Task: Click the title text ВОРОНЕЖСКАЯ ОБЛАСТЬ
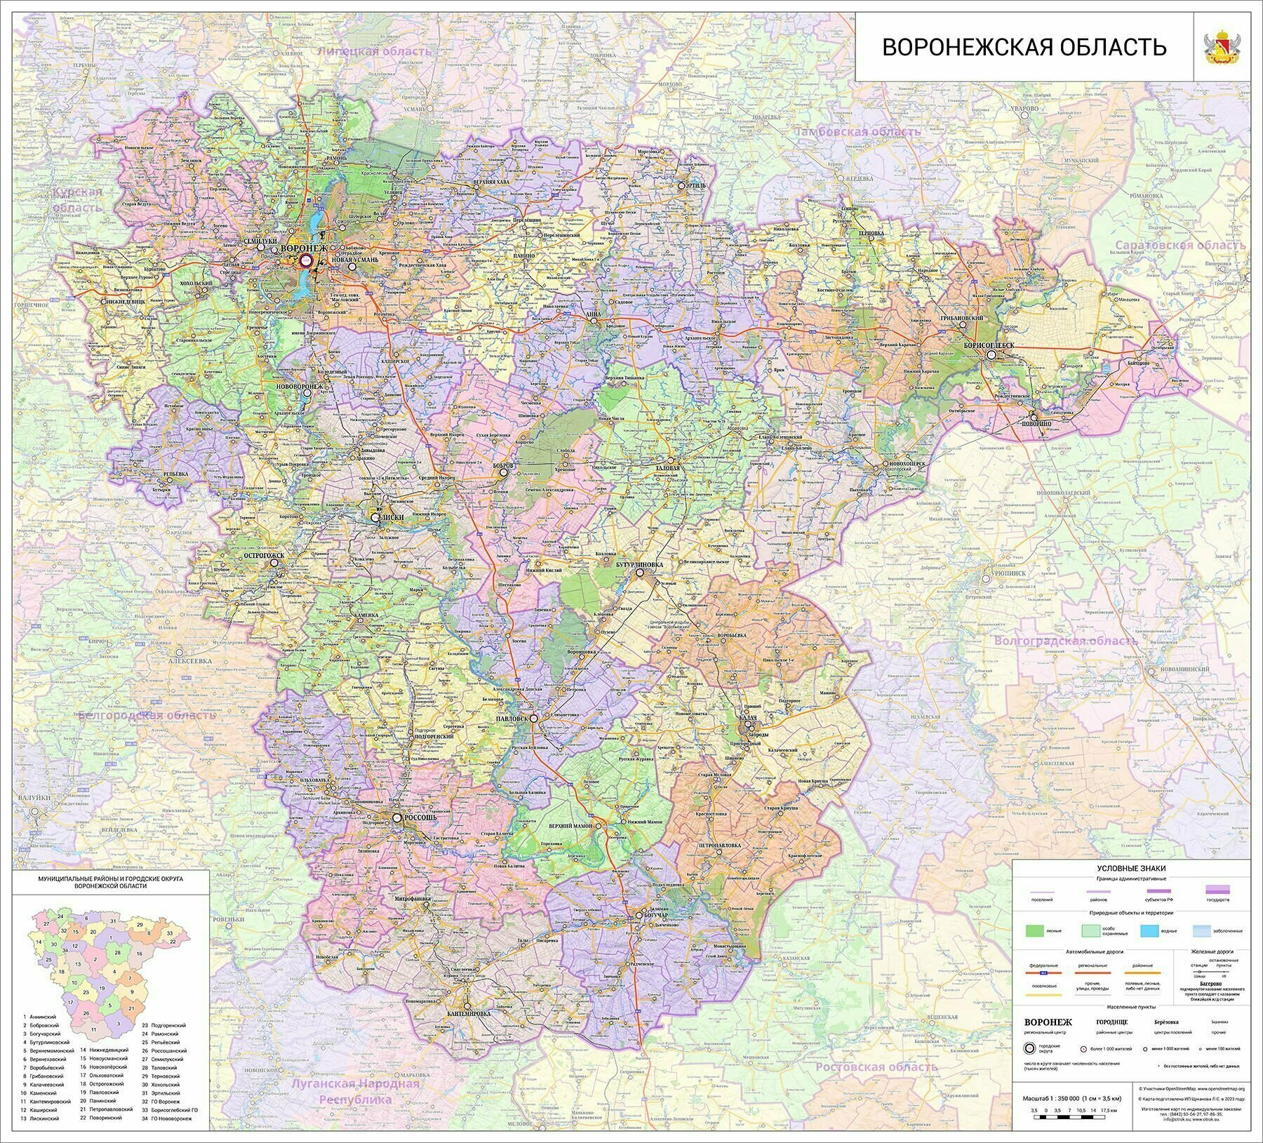[x=1024, y=48]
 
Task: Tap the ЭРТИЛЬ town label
[x=696, y=185]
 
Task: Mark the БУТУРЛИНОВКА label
[x=640, y=564]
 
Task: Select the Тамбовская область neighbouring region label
[x=857, y=131]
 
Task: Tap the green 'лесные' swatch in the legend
[x=1036, y=932]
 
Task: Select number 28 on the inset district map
[x=118, y=952]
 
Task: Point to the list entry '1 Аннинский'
[x=44, y=1017]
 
